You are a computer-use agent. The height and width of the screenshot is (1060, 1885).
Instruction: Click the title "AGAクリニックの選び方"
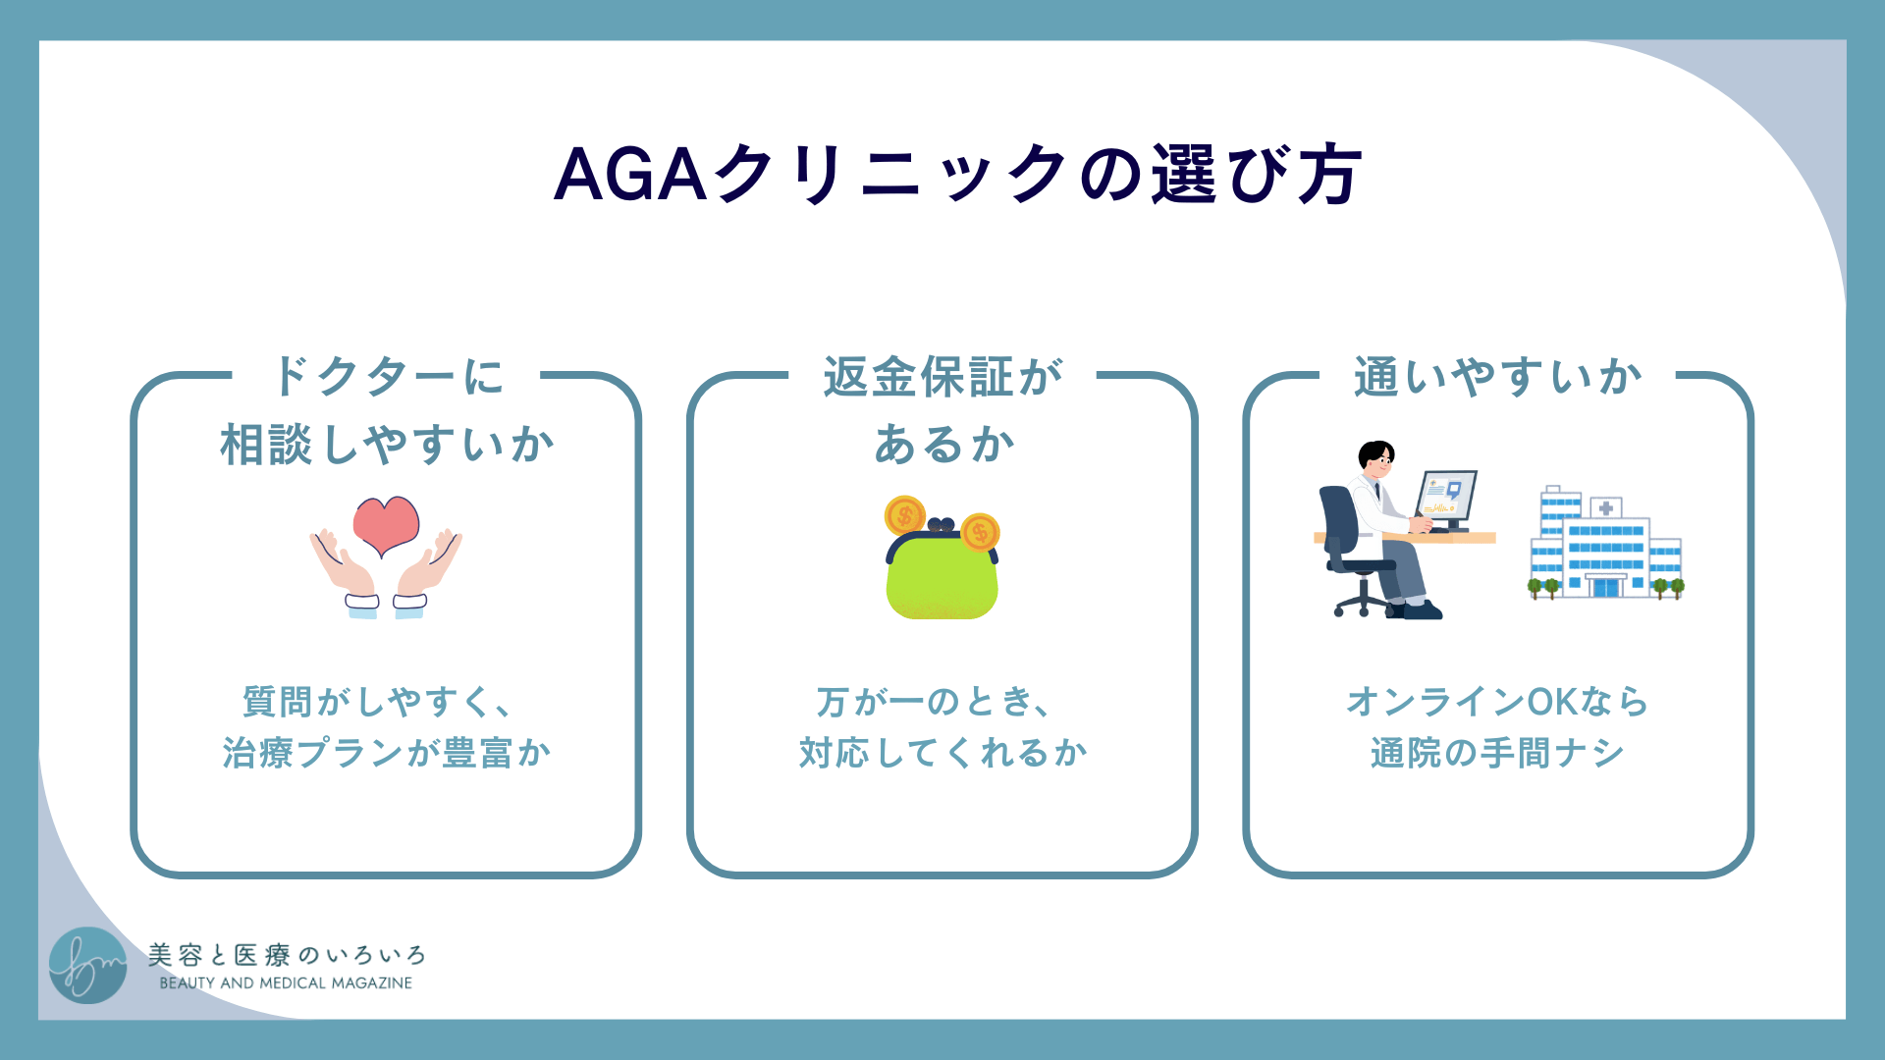(x=957, y=175)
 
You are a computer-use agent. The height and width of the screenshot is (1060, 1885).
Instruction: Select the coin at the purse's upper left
(x=904, y=515)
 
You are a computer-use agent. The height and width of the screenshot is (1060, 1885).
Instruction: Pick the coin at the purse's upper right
(x=980, y=532)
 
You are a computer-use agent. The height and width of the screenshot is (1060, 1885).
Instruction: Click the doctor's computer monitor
(x=1447, y=497)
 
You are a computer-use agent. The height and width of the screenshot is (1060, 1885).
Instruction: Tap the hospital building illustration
(x=1605, y=545)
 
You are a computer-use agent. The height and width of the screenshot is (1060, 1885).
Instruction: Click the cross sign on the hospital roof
(x=1606, y=508)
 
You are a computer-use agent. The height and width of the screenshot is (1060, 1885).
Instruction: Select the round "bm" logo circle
(x=88, y=966)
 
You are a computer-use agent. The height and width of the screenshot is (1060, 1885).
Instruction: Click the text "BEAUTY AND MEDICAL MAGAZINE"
(x=286, y=983)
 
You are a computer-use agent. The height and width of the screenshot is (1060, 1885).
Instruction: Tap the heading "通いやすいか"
(x=1497, y=377)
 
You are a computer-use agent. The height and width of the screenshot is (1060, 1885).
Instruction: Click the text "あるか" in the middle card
(x=943, y=444)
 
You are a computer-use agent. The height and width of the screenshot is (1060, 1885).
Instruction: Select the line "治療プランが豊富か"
(x=386, y=753)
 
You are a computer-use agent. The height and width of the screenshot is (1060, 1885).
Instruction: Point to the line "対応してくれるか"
(x=942, y=753)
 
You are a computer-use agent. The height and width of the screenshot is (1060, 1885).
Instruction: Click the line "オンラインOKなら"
(x=1497, y=702)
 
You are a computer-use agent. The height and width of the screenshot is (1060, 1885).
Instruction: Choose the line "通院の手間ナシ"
(x=1497, y=753)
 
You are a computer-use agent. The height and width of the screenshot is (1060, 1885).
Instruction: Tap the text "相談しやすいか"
(x=386, y=444)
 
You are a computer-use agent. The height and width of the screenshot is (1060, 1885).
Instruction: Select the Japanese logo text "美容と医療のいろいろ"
(x=287, y=955)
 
